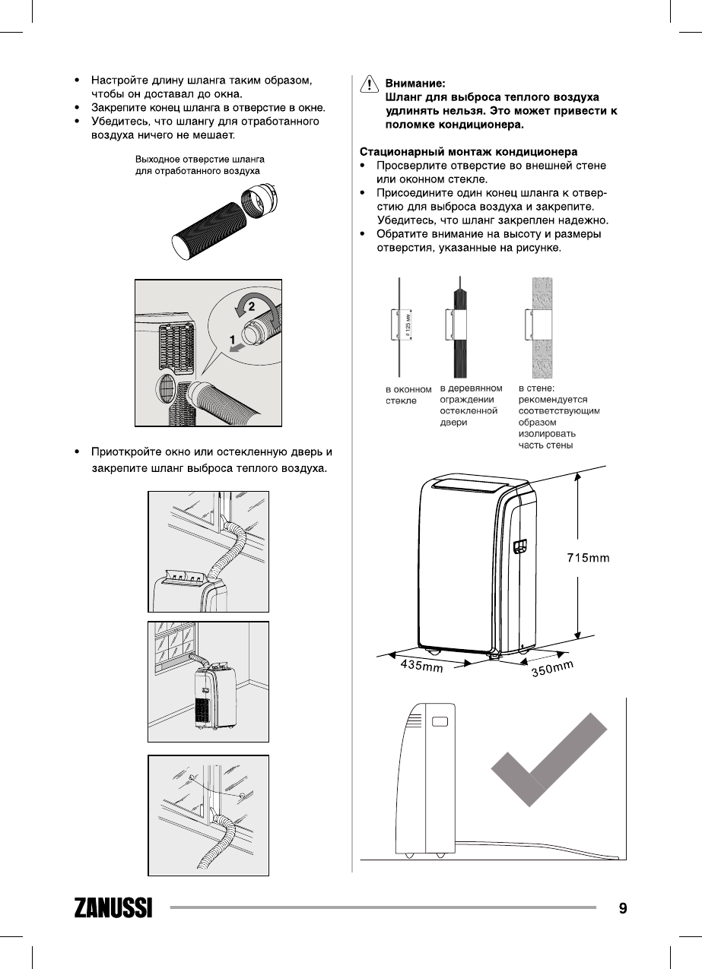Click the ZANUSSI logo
tap(113, 908)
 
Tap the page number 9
tap(623, 907)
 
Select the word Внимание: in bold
tap(415, 84)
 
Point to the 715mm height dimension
tap(588, 559)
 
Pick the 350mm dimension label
tap(551, 670)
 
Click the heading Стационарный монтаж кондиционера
tap(468, 152)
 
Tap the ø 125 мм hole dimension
tap(408, 326)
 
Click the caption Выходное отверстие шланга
tap(199, 160)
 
